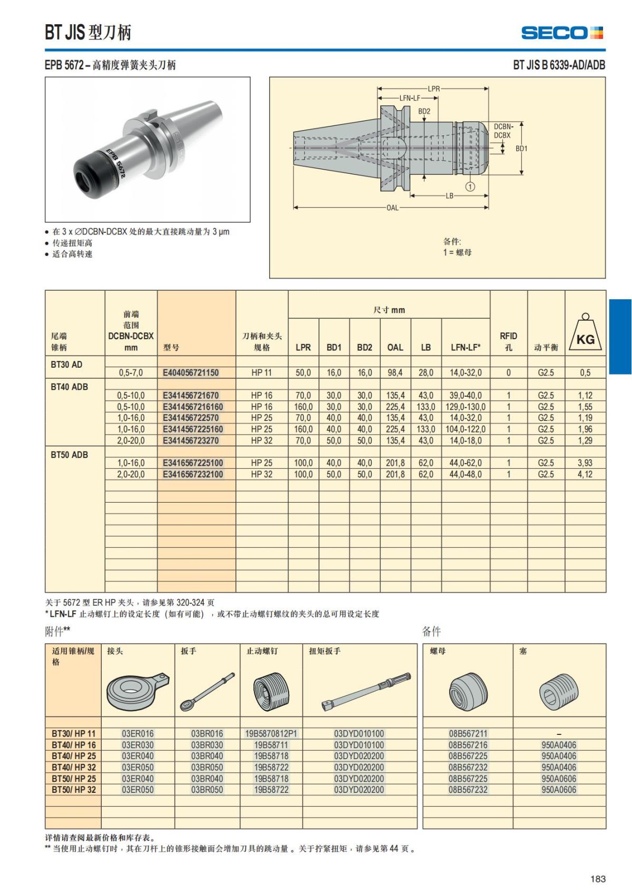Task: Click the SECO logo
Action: point(561,33)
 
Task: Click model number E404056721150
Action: point(191,373)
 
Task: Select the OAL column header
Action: point(395,348)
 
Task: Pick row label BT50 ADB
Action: point(70,455)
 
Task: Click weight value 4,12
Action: point(585,474)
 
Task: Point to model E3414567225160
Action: point(193,429)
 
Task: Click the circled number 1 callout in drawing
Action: point(470,186)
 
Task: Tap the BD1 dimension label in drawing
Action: point(521,149)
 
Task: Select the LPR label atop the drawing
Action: point(433,89)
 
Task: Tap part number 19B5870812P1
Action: point(271,733)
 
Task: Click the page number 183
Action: point(598,879)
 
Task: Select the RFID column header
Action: point(508,341)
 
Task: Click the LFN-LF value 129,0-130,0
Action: point(466,407)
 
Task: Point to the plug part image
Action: point(559,692)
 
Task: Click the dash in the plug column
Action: point(559,734)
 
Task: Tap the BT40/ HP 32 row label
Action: point(74,767)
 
